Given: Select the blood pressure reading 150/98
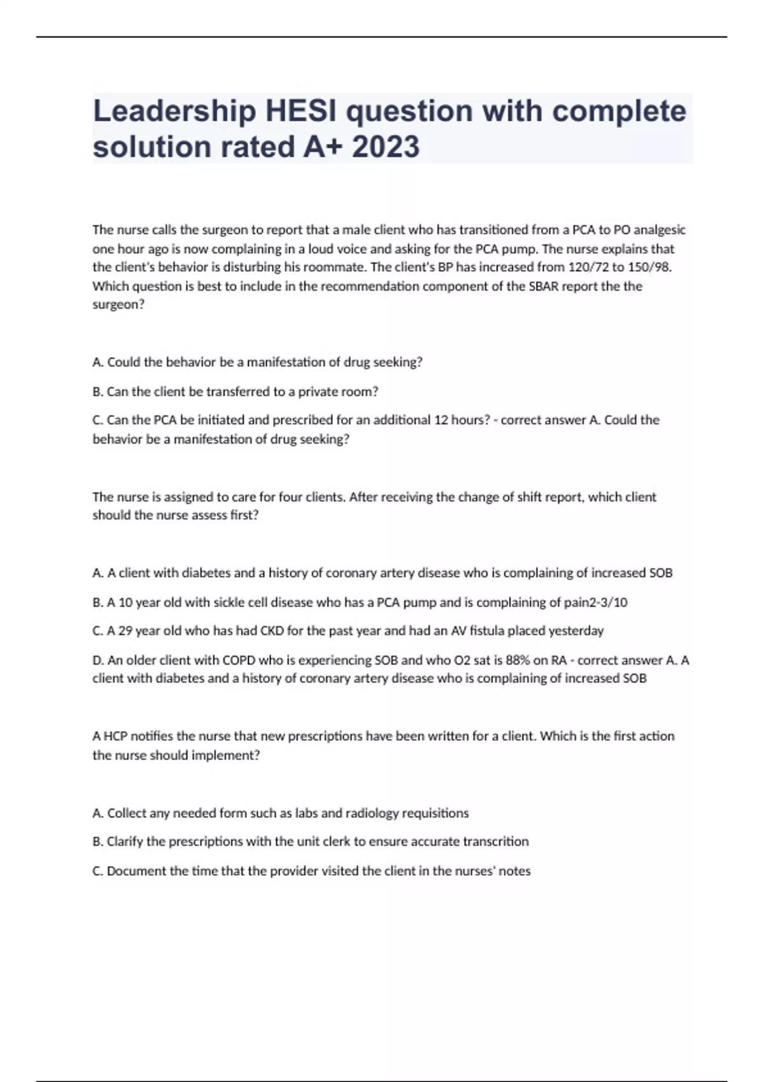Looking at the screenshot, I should tap(649, 267).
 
